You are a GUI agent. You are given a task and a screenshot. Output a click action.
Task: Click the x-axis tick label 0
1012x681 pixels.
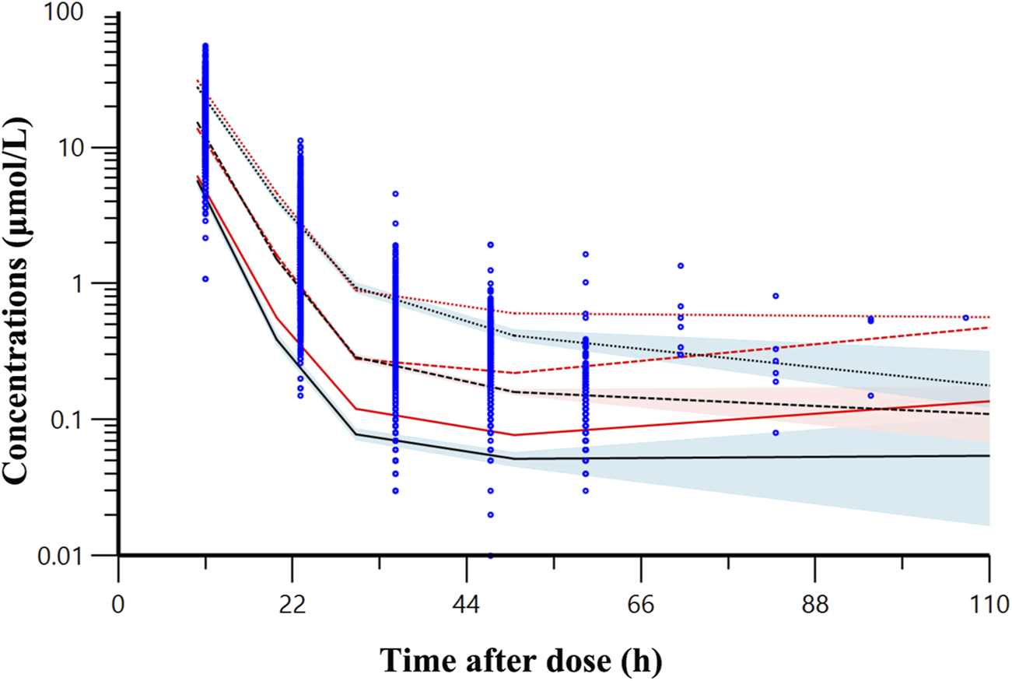pyautogui.click(x=118, y=605)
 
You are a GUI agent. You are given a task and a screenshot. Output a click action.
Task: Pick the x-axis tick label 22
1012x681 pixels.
pyautogui.click(x=292, y=605)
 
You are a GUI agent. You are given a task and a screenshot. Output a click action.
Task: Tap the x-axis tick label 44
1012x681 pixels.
pyautogui.click(x=466, y=605)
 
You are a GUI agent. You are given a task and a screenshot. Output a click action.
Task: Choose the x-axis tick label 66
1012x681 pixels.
pyautogui.click(x=640, y=605)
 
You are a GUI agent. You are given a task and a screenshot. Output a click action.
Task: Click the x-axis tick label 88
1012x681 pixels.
pyautogui.click(x=814, y=605)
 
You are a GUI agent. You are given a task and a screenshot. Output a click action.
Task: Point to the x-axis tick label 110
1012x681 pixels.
pyautogui.click(x=988, y=605)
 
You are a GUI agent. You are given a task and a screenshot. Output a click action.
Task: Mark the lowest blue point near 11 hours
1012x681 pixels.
pyautogui.click(x=205, y=279)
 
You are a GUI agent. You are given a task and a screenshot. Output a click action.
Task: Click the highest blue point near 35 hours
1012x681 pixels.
pyautogui.click(x=395, y=193)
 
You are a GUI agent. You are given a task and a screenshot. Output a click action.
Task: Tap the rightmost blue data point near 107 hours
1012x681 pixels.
pyautogui.click(x=966, y=318)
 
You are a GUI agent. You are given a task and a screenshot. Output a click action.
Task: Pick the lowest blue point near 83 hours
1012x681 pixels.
pyautogui.click(x=776, y=433)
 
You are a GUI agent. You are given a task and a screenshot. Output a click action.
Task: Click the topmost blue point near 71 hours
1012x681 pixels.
pyautogui.click(x=681, y=265)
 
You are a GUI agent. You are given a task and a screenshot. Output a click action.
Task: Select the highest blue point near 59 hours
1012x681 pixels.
pyautogui.click(x=585, y=254)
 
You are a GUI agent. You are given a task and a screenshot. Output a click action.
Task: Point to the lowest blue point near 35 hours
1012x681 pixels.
pyautogui.click(x=395, y=491)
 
